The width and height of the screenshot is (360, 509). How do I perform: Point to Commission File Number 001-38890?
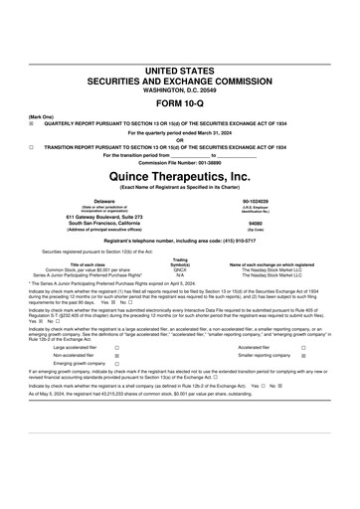[x=179, y=162]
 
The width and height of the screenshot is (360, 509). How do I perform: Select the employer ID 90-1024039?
[x=256, y=200]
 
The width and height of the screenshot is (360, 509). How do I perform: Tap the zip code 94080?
[x=256, y=223]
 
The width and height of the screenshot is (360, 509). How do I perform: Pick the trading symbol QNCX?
[x=180, y=268]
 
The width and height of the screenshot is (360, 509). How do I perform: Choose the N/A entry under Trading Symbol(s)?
[x=180, y=274]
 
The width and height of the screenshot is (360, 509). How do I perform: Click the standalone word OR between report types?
[x=179, y=138]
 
